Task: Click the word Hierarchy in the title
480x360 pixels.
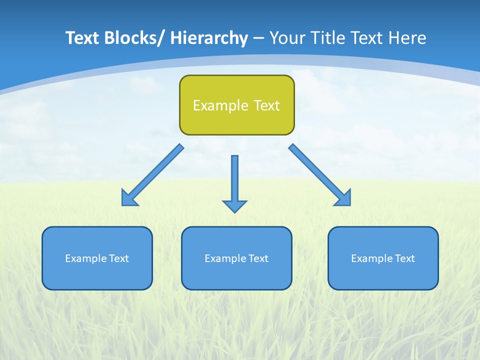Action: pos(209,38)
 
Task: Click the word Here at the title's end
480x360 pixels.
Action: pos(406,38)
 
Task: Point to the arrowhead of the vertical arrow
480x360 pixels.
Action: pos(234,206)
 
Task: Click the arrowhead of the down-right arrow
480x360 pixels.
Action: pos(343,198)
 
